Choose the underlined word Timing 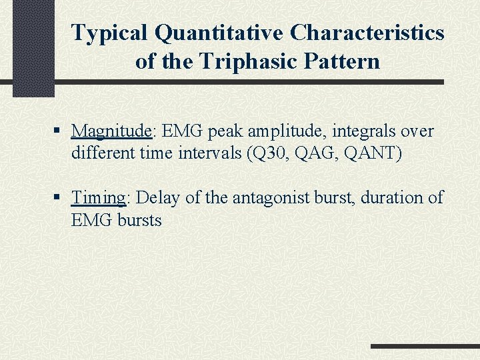(x=99, y=199)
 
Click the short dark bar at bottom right (x=425, y=347)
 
